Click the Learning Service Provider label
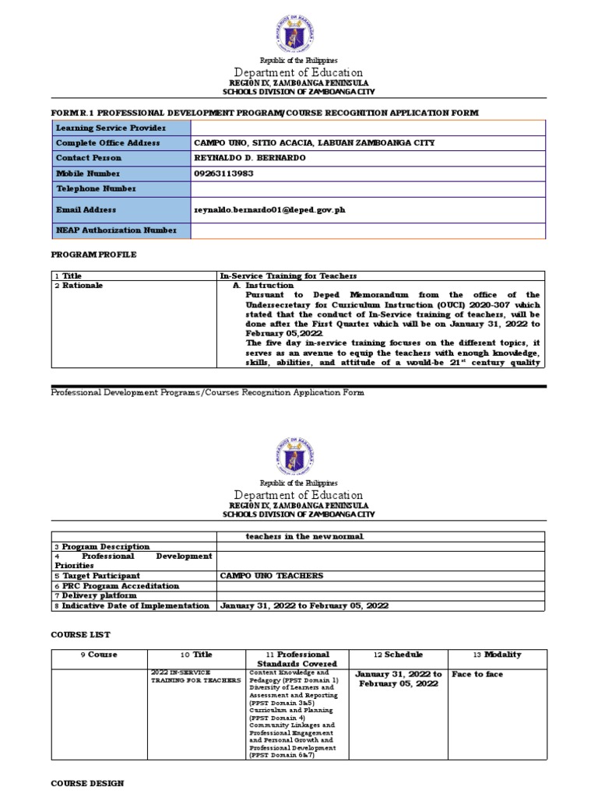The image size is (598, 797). click(100, 128)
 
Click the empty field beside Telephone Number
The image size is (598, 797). click(368, 188)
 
